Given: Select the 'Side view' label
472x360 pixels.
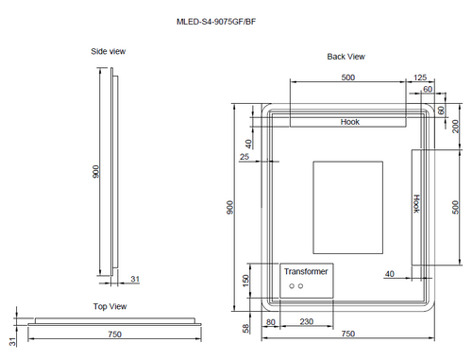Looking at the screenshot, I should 109,51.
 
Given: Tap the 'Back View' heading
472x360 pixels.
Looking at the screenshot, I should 346,57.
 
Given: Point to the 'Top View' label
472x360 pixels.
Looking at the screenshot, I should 110,306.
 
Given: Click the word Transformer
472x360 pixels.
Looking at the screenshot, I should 307,271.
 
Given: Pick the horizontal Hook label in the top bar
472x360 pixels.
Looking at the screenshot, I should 350,122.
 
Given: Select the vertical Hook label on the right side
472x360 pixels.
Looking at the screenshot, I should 415,204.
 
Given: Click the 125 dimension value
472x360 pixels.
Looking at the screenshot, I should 419,77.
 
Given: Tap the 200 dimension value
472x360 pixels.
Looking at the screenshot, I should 455,127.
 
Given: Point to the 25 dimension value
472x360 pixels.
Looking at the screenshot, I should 244,157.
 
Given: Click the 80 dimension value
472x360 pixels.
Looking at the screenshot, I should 271,322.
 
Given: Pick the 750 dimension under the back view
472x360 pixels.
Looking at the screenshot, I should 347,334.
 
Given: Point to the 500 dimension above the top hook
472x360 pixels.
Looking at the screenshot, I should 347,77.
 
